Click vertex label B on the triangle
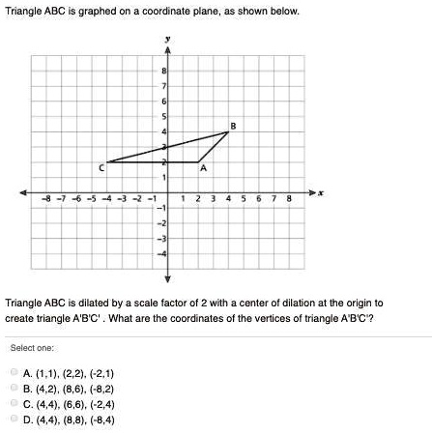[x=232, y=124]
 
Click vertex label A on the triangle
[x=202, y=169]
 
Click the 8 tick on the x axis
[x=288, y=200]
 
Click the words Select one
[x=31, y=347]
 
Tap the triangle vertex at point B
[x=228, y=131]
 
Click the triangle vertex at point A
[x=198, y=161]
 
